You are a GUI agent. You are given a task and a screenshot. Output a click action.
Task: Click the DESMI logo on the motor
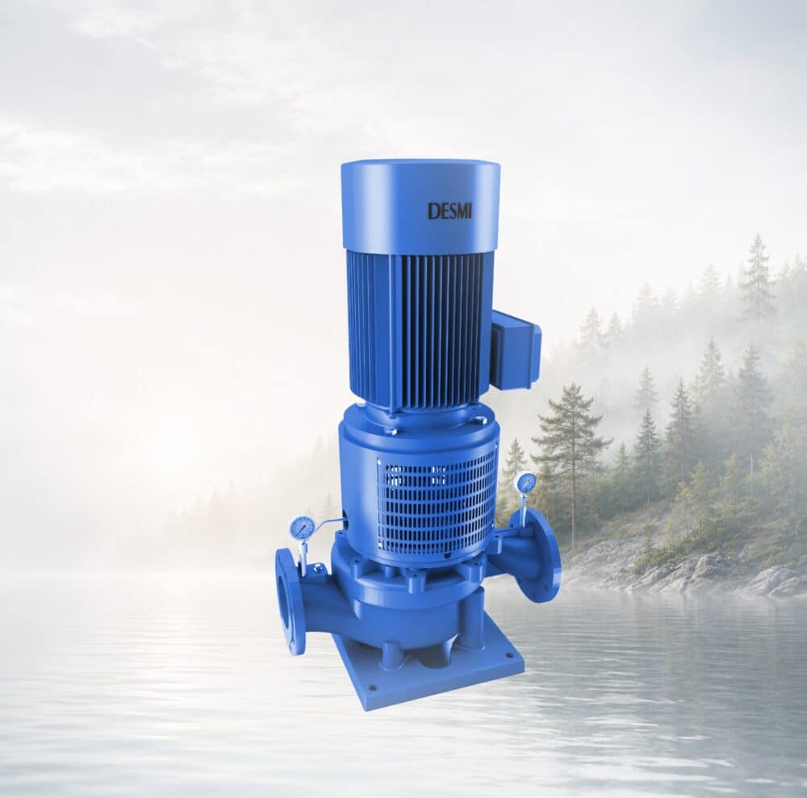pyautogui.click(x=449, y=211)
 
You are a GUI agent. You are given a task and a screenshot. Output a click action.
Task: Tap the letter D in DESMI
pyautogui.click(x=433, y=211)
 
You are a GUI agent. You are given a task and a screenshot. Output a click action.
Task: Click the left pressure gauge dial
pyautogui.click(x=299, y=528)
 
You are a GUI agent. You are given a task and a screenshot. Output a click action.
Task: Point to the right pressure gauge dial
pyautogui.click(x=524, y=483)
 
